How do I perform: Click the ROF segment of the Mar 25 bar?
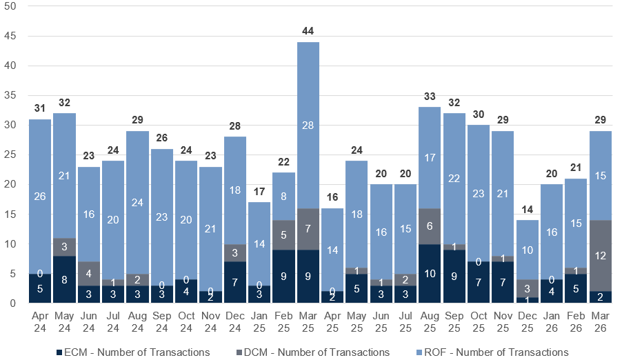pos(308,125)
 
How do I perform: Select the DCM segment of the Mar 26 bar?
pos(601,255)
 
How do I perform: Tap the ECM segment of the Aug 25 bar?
pos(430,273)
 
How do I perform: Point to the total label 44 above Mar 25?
pos(308,31)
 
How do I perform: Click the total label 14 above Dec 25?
pos(527,210)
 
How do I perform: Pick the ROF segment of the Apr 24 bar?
pos(40,196)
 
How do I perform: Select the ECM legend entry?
pos(134,352)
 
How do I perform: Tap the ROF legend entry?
pos(492,352)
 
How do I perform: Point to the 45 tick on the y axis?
pos(10,36)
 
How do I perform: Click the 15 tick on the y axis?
pos(10,214)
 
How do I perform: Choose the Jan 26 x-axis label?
pos(552,321)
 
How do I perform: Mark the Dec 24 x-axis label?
pos(235,321)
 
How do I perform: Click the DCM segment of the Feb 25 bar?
pos(283,235)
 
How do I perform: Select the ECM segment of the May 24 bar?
pos(64,279)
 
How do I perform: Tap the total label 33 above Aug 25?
pos(430,97)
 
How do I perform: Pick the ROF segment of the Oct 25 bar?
pos(479,193)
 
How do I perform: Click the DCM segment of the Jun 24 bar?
pos(89,274)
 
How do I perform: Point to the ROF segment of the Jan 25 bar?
pos(259,243)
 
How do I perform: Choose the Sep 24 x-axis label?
pos(162,321)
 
